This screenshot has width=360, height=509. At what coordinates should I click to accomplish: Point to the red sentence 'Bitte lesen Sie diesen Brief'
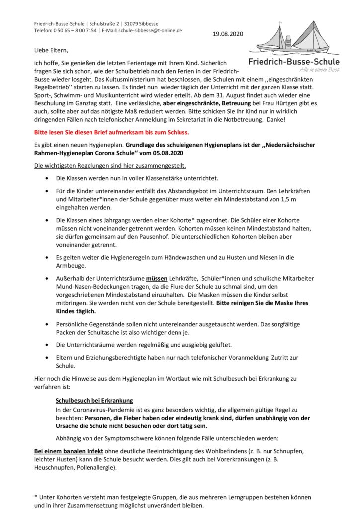[x=111, y=133]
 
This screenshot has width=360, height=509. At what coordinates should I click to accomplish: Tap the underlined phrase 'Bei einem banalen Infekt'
[x=69, y=450]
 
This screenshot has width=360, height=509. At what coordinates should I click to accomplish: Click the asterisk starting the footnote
[x=36, y=497]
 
